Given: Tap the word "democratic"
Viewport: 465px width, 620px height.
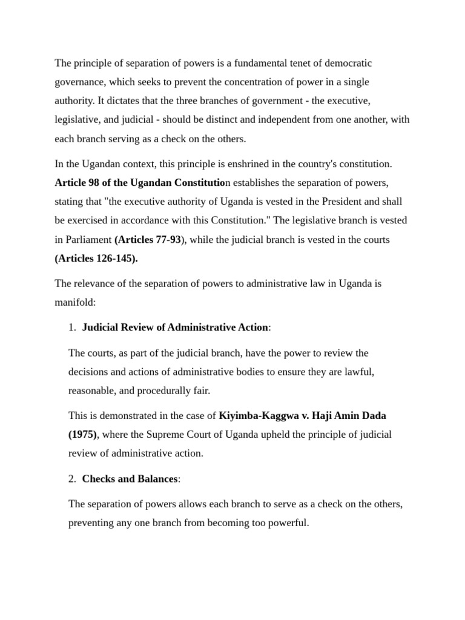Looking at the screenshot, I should coord(349,63).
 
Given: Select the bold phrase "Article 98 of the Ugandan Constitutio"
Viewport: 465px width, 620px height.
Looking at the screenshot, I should coord(139,183).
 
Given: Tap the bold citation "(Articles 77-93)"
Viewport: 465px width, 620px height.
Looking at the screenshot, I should coord(148,240).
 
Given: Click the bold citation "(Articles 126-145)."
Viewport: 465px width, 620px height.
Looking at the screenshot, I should coord(96,259).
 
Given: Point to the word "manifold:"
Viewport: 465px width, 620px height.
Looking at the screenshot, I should coord(76,302).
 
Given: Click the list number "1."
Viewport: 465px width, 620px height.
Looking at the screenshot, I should coord(72,328).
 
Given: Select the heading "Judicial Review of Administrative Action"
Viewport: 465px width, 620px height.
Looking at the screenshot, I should coord(175,328).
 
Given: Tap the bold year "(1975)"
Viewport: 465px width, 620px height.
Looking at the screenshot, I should coord(82,434).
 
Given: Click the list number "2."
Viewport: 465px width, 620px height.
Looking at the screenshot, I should coord(72,479).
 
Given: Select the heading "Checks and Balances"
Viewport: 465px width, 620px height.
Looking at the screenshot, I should coord(130,479).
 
